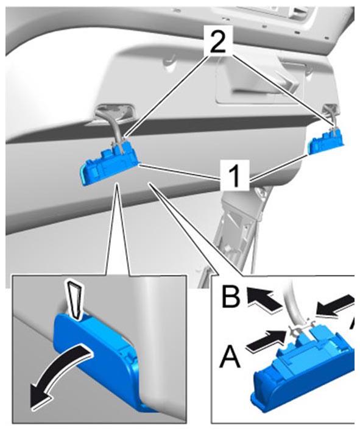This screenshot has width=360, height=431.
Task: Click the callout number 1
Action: tap(235, 176)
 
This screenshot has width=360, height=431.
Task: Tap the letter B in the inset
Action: tap(231, 297)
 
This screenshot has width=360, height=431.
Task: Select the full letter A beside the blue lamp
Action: tap(230, 356)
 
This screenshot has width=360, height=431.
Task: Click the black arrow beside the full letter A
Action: tap(266, 340)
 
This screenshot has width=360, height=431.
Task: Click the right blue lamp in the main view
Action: tap(326, 141)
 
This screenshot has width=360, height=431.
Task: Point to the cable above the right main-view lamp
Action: tap(332, 118)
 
